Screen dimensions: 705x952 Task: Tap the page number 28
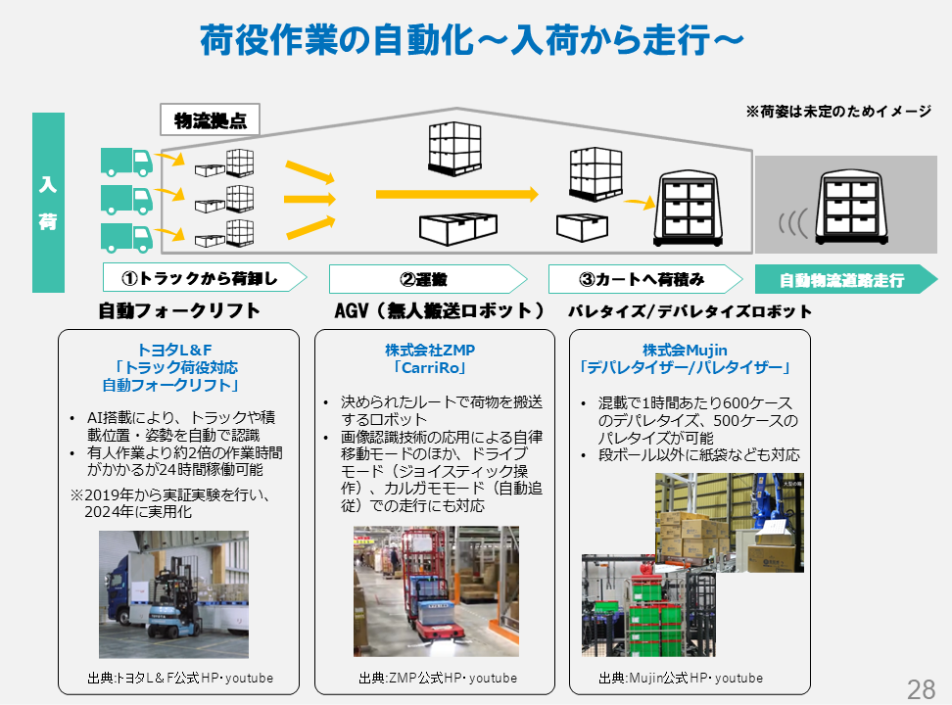pyautogui.click(x=921, y=688)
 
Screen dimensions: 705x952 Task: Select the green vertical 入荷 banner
pyautogui.click(x=48, y=203)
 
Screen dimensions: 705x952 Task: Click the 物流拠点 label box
pyautogui.click(x=210, y=121)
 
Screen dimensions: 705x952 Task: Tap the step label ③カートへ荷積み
pyautogui.click(x=642, y=279)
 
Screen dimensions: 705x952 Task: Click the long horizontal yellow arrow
pyautogui.click(x=456, y=195)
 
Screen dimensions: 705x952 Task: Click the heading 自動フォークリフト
pyautogui.click(x=179, y=311)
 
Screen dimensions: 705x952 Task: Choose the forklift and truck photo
pyautogui.click(x=173, y=594)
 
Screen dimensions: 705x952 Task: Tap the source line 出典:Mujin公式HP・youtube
pyautogui.click(x=680, y=678)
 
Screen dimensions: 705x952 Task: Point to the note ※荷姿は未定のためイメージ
pyautogui.click(x=838, y=112)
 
